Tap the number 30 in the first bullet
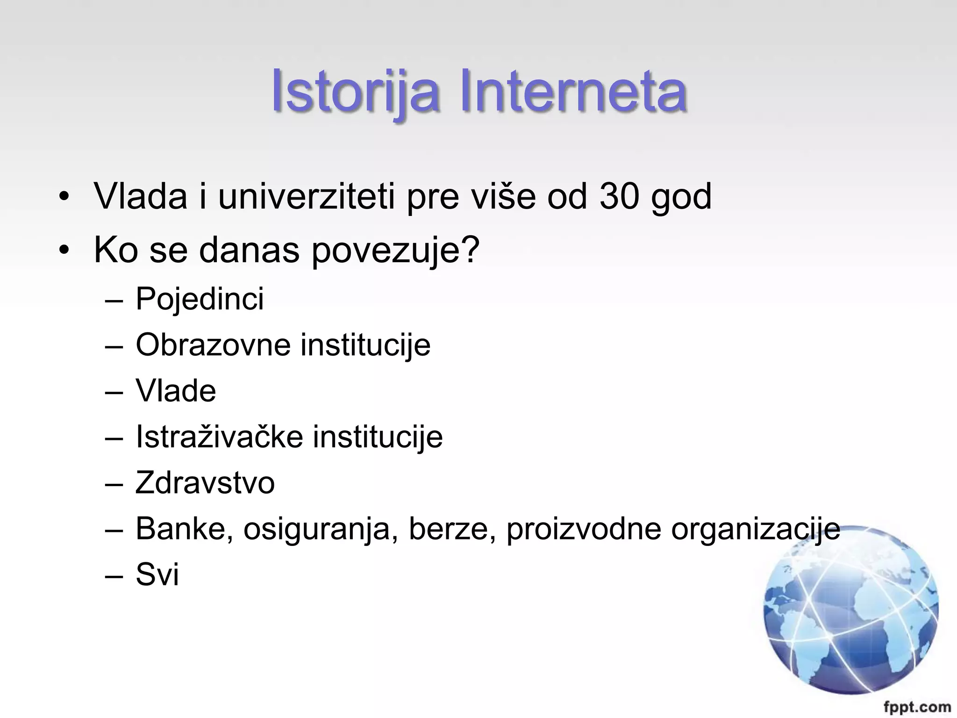[619, 196]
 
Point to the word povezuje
[395, 251]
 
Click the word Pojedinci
[200, 299]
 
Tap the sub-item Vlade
[176, 391]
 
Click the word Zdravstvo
[205, 483]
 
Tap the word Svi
[157, 574]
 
